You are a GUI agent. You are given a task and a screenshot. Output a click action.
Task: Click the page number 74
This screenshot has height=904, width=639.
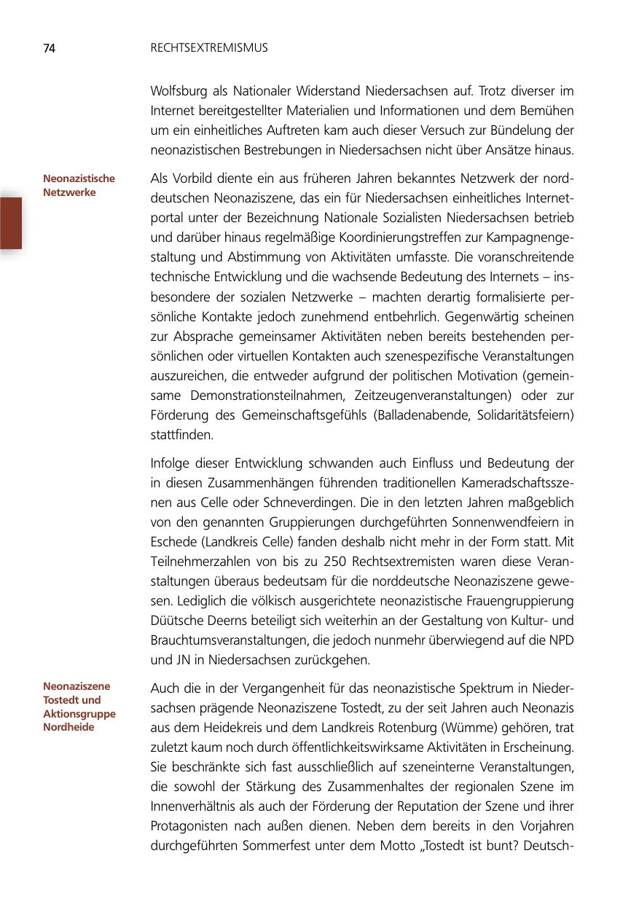click(49, 49)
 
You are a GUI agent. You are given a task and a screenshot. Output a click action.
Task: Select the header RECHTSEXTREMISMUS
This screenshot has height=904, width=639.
click(209, 48)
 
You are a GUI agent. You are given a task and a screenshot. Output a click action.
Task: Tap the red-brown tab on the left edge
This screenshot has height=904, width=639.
click(10, 222)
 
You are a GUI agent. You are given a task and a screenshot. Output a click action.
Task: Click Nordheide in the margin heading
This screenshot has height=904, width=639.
click(68, 728)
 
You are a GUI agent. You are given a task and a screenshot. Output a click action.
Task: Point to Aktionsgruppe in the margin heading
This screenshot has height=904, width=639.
click(79, 714)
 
